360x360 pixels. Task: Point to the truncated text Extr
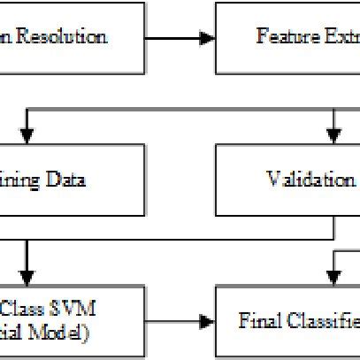337,37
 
